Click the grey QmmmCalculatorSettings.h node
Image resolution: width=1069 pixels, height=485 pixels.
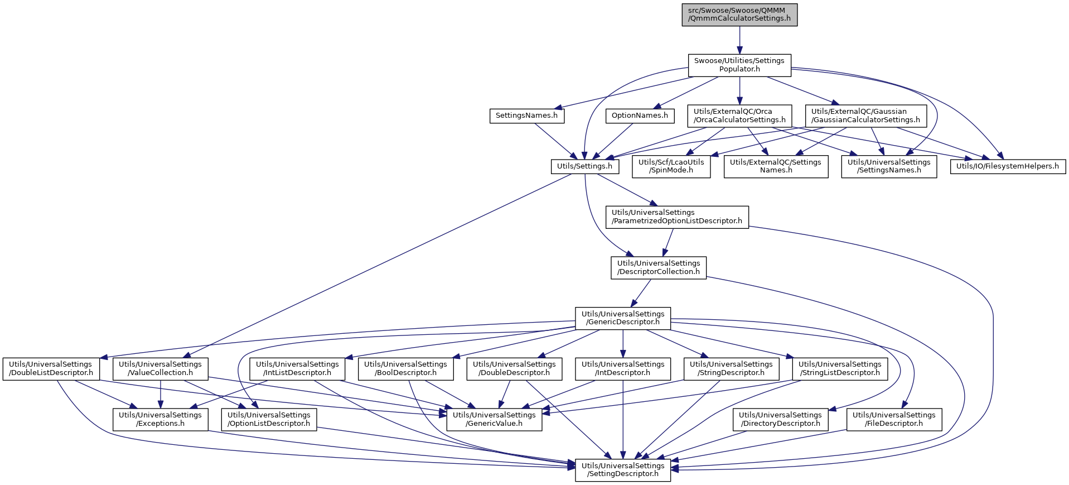point(739,15)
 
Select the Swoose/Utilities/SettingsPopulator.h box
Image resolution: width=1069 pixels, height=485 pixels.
point(739,65)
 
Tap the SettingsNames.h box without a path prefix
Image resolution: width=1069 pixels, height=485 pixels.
point(526,116)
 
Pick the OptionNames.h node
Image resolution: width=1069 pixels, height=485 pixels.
point(640,116)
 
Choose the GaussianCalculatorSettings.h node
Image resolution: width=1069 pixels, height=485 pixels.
point(865,116)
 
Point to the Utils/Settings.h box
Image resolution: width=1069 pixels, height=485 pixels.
point(584,166)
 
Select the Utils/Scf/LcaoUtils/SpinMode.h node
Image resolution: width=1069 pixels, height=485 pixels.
point(671,166)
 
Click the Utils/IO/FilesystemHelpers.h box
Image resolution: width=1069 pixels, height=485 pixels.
point(1008,166)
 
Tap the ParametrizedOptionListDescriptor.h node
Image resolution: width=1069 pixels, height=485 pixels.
point(677,217)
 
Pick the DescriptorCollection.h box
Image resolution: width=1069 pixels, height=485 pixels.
point(659,267)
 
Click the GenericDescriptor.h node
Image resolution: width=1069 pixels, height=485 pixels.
point(623,318)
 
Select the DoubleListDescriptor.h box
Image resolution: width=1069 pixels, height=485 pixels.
point(51,368)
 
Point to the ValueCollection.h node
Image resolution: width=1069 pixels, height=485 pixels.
point(161,368)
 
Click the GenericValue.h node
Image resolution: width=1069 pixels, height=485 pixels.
point(494,419)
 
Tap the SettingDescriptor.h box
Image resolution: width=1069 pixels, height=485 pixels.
point(623,469)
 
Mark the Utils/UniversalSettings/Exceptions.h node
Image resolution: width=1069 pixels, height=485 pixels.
point(161,419)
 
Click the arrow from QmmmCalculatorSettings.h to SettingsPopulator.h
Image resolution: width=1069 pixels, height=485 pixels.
point(739,40)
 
